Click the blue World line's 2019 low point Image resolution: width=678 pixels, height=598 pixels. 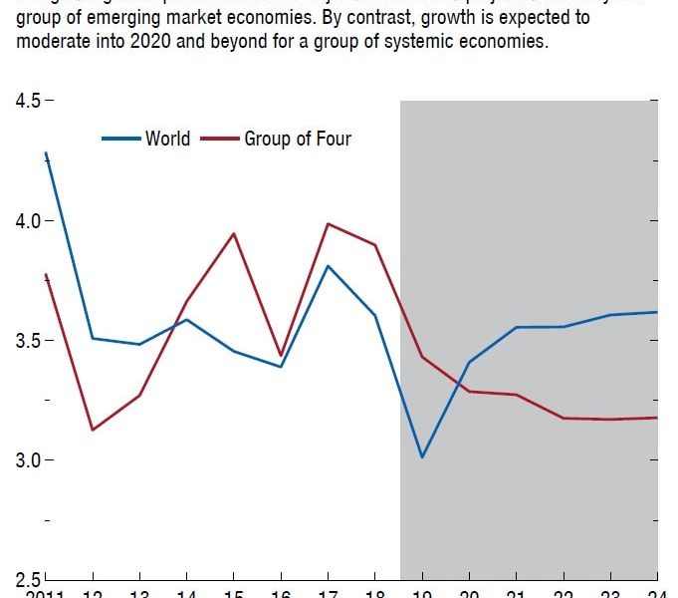tap(422, 457)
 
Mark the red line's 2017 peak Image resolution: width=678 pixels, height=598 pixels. tap(328, 223)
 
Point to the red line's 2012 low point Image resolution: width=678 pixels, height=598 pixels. tap(93, 430)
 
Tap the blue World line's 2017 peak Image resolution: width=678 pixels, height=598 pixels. tap(328, 265)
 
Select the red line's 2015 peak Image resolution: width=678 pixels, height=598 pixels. tap(234, 233)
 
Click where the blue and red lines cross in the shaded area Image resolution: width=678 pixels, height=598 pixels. tap(460, 382)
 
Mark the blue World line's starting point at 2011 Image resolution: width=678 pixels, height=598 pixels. tap(46, 152)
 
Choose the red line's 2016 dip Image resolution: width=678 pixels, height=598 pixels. tap(281, 355)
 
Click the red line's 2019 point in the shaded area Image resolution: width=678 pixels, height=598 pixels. tap(422, 357)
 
